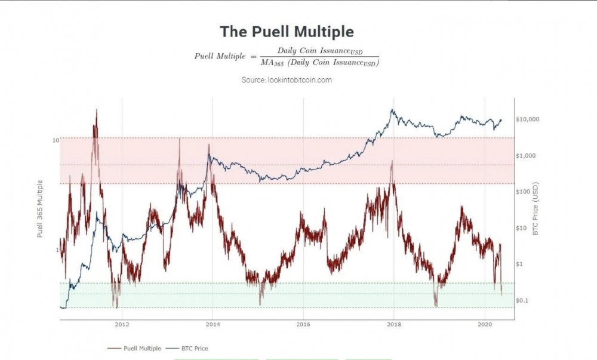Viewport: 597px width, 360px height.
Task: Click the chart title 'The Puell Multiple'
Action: click(287, 32)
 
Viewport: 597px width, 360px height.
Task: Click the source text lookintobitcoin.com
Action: click(287, 79)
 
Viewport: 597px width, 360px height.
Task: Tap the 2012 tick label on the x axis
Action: click(122, 325)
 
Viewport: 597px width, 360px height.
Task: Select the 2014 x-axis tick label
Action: click(213, 325)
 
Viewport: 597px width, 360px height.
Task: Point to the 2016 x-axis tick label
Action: click(303, 325)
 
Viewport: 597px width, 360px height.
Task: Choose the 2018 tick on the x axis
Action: click(393, 325)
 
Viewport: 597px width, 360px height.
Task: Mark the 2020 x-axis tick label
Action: click(485, 325)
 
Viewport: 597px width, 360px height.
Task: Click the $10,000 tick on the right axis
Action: click(527, 119)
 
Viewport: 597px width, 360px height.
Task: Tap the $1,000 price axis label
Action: click(526, 155)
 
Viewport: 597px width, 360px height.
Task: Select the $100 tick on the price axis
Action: click(524, 192)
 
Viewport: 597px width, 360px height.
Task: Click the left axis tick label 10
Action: click(56, 140)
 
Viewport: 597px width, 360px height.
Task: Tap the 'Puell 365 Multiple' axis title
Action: click(41, 208)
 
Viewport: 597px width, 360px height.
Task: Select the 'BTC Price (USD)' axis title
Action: click(536, 208)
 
